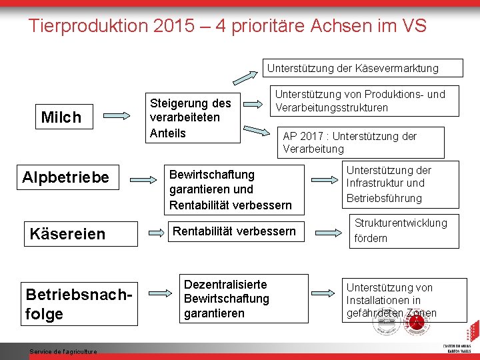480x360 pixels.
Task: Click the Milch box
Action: pos(61,117)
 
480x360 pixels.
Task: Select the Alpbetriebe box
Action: pos(65,177)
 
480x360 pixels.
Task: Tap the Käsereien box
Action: pos(68,233)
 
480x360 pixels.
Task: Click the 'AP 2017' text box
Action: pos(360,142)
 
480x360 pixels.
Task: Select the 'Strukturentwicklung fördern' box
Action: pos(404,230)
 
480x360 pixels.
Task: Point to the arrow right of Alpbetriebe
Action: pos(143,178)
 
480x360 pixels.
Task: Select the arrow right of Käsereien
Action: pos(153,233)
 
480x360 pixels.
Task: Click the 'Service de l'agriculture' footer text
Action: pos(63,352)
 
